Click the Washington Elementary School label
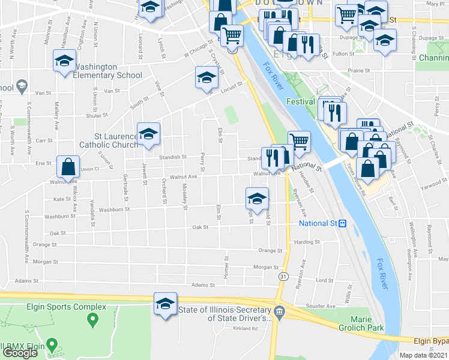[107, 76]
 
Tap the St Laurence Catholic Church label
[109, 141]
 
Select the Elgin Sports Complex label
[58, 307]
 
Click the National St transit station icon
[342, 224]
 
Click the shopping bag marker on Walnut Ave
[69, 167]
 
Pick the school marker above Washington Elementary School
[64, 61]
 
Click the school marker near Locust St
[206, 79]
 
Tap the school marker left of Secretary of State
[165, 304]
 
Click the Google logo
[20, 353]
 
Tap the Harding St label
[307, 242]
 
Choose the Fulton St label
[343, 53]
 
